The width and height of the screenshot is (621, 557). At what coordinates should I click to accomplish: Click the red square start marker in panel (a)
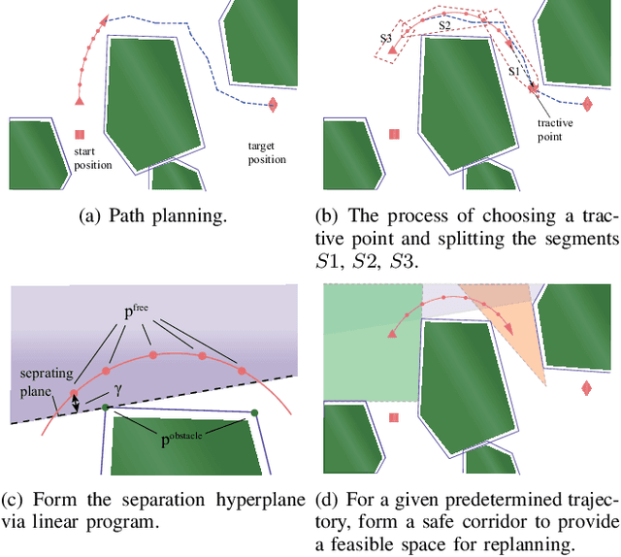coord(81,135)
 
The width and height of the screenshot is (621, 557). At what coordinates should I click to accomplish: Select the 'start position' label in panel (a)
coord(93,159)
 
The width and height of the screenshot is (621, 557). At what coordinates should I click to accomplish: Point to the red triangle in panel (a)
coord(80,100)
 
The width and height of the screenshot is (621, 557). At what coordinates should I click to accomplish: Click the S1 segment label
coord(515,72)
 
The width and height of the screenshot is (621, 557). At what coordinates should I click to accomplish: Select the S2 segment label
coord(443,27)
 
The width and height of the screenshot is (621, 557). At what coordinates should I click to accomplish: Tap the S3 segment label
coord(386,38)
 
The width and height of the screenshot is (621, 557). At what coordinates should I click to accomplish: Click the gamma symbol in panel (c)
coord(117,387)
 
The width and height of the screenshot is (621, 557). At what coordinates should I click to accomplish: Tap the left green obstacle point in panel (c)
coord(106,408)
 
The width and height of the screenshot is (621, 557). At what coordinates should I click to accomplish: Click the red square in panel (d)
coord(394,418)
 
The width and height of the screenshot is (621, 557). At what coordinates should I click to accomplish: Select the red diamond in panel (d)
coord(586,389)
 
